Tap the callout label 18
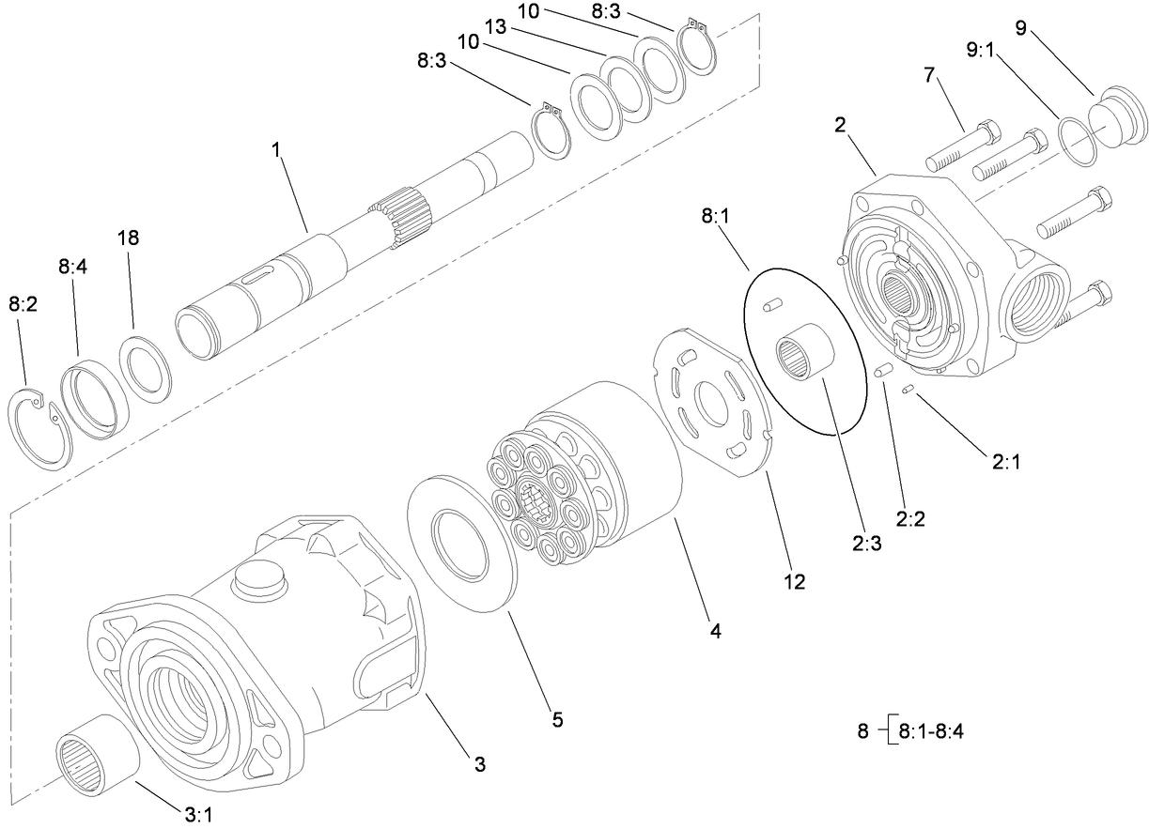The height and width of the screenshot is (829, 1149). [x=128, y=238]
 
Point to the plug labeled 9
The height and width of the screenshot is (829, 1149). [x=1120, y=119]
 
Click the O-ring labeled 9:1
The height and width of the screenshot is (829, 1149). [x=1078, y=142]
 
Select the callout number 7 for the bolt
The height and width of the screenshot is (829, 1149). [x=931, y=74]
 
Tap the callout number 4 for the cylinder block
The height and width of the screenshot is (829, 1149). [x=715, y=632]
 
